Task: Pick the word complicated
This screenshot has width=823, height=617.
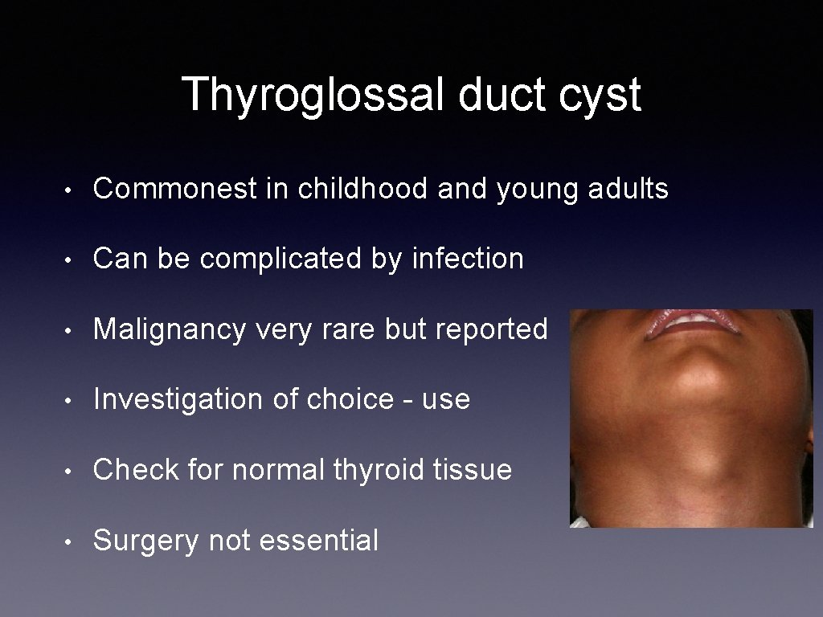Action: pyautogui.click(x=297, y=259)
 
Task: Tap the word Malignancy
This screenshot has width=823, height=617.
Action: pyautogui.click(x=169, y=329)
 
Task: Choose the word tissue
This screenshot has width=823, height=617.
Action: pyautogui.click(x=474, y=469)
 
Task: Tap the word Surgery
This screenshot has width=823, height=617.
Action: pyautogui.click(x=145, y=541)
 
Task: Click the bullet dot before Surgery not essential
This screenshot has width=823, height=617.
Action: pyautogui.click(x=72, y=541)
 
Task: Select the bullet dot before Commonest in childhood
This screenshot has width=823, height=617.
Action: pyautogui.click(x=72, y=190)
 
